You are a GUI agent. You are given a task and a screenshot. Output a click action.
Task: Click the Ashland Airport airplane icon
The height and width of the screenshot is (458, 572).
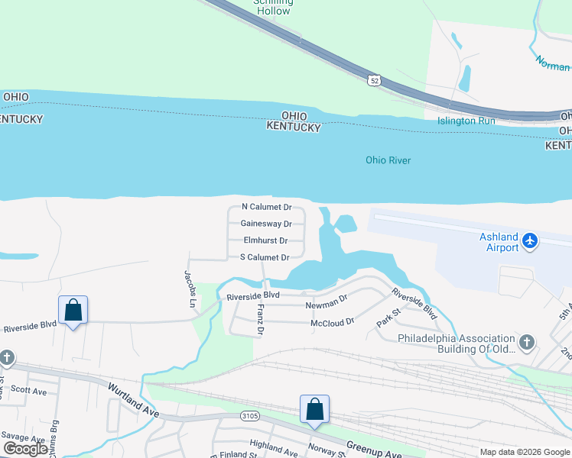529,241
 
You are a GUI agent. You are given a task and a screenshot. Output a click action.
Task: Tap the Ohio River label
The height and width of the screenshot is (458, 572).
388,160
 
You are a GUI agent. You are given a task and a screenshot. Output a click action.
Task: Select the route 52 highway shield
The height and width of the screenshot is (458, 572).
373,80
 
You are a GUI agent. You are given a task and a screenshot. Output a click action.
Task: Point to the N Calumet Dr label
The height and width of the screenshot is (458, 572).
266,207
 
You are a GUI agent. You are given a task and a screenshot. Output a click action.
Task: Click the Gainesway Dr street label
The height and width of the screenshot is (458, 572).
266,224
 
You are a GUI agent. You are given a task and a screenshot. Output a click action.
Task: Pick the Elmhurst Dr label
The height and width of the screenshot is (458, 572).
265,240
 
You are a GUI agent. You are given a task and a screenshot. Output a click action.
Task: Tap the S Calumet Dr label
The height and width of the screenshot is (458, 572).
264,257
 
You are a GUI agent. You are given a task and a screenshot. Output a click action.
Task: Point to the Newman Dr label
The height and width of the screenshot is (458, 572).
327,304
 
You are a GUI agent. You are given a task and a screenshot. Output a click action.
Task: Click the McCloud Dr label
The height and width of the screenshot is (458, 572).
333,322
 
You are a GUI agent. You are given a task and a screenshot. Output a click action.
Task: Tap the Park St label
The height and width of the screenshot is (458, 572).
389,318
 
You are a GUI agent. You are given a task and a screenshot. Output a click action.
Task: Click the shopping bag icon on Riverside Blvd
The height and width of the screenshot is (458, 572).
73,310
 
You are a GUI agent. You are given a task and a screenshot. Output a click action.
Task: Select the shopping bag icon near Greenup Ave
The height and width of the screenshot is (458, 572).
314,409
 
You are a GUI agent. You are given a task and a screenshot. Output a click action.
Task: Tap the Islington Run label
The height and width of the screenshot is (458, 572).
466,121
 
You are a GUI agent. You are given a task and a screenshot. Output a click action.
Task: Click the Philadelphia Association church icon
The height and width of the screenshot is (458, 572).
526,341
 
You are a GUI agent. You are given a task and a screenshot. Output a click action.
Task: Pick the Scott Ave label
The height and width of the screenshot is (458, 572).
29,392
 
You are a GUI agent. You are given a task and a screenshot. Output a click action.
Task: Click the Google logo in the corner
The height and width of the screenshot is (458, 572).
26,449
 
